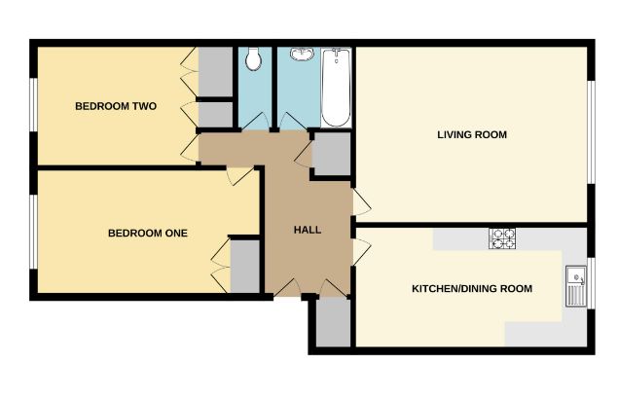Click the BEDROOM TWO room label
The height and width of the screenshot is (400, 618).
(x=116, y=106)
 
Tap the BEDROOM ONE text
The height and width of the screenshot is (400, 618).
(x=147, y=233)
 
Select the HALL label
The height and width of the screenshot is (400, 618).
(x=308, y=230)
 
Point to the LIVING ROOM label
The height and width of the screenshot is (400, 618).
(x=472, y=134)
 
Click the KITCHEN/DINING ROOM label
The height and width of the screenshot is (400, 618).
(x=472, y=289)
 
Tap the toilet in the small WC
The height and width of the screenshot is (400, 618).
(x=254, y=60)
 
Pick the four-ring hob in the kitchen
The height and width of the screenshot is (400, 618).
(x=502, y=238)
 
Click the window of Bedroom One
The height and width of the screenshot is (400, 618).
(x=33, y=230)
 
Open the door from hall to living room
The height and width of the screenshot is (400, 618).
(x=361, y=203)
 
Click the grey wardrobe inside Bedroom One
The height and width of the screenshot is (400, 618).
(x=244, y=265)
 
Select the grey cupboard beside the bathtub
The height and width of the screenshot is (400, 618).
(x=332, y=154)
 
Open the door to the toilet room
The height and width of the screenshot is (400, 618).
(x=255, y=122)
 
